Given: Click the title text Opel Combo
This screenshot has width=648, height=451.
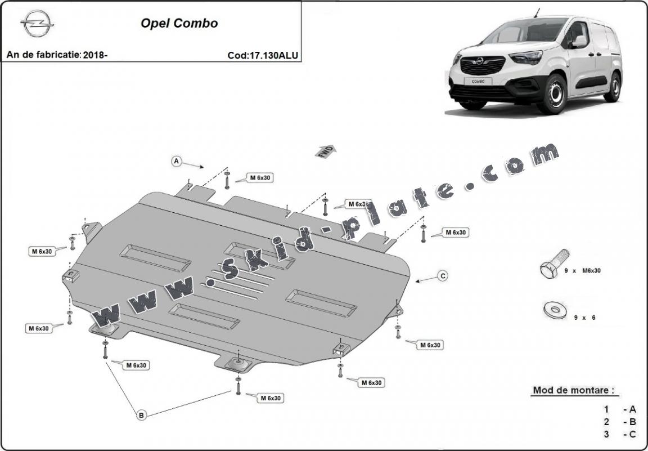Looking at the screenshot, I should [179, 24].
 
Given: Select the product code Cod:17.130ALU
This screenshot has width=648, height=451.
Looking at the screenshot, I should [263, 55].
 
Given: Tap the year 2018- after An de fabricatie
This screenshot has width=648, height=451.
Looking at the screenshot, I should [95, 55].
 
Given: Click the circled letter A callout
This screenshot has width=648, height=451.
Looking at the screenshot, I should [176, 162].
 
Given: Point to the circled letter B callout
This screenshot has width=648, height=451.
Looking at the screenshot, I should [141, 415].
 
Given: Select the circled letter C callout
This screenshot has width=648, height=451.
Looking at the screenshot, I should [443, 276].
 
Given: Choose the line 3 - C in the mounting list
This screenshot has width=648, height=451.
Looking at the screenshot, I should [619, 434].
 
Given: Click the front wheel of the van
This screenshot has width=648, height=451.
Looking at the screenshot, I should [552, 93].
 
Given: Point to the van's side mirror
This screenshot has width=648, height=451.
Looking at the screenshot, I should [578, 41].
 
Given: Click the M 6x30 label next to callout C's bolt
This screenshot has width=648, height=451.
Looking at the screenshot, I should [456, 232].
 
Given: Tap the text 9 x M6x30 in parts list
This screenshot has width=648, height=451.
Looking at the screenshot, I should [583, 271].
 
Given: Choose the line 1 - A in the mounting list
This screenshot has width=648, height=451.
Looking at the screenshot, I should [619, 409].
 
